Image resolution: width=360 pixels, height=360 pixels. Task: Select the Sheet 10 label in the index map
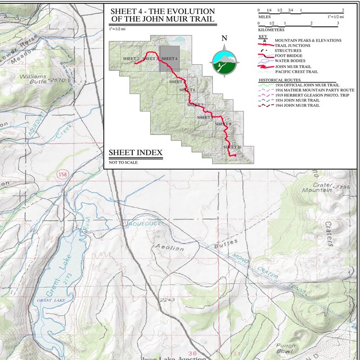232,147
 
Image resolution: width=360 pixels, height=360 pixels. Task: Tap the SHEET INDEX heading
135,153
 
